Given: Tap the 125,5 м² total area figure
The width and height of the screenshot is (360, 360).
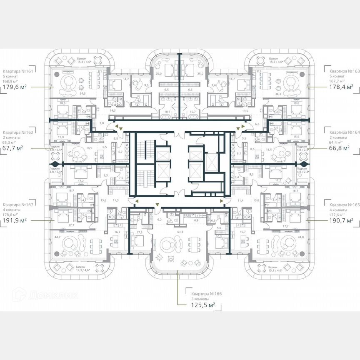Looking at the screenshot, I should [200, 305].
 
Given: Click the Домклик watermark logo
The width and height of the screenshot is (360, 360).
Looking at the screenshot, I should [46, 295].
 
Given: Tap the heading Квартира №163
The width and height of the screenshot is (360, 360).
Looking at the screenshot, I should [342, 71].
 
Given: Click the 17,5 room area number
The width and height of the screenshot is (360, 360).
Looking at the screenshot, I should [139, 232].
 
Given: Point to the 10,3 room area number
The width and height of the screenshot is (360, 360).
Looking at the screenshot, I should [219, 236].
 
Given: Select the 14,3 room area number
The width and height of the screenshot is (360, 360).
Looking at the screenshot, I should [112, 111].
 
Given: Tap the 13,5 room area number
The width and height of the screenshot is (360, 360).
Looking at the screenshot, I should [245, 111].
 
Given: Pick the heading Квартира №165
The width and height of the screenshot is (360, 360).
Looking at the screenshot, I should [342, 205].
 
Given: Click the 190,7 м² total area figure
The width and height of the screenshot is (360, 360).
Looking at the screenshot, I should [341, 220].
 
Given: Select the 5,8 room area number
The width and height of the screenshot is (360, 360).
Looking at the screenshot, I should [116, 138].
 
